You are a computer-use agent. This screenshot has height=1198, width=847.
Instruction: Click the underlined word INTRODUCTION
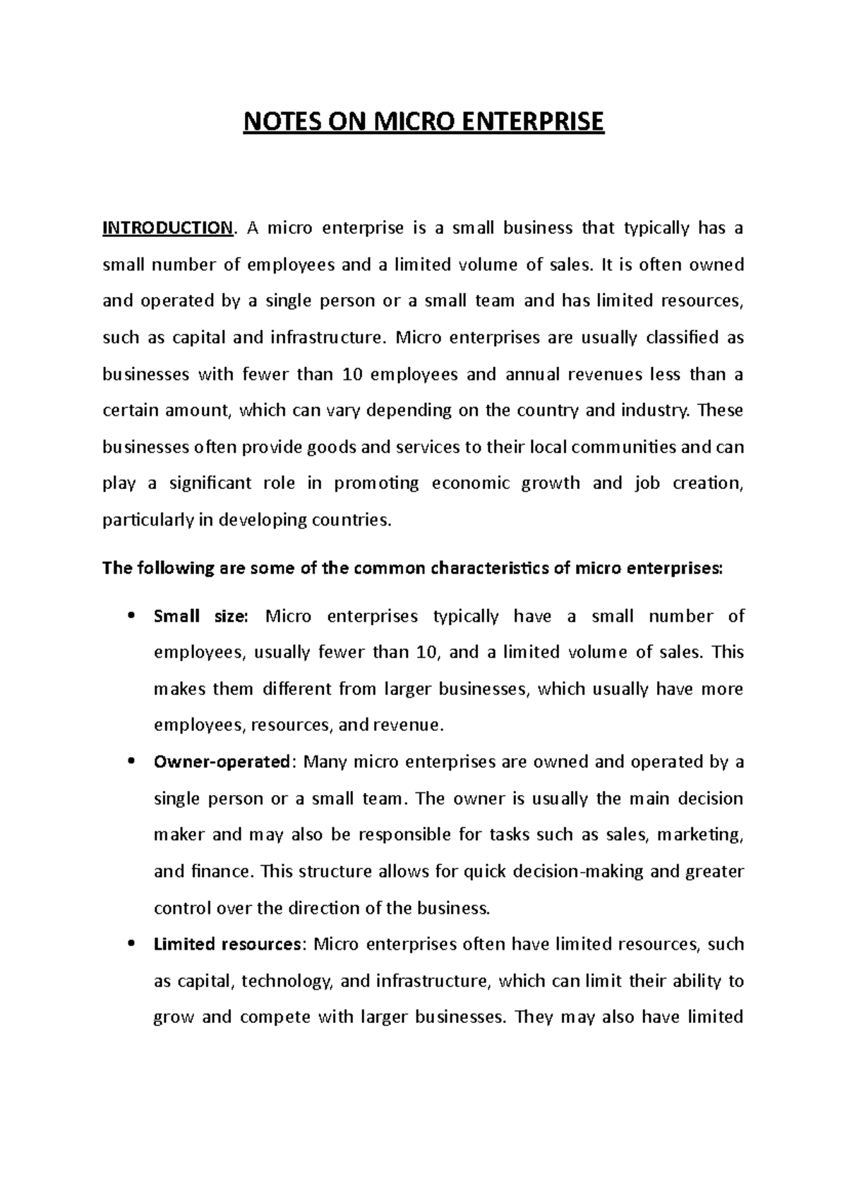click(167, 228)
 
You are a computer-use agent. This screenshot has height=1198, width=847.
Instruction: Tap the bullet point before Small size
click(132, 617)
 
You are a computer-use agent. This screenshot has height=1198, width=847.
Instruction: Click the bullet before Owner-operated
click(132, 763)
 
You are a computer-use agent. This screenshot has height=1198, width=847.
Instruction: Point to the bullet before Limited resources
click(132, 945)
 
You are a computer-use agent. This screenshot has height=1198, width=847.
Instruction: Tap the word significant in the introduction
click(210, 483)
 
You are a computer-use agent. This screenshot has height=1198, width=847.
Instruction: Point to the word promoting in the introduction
click(376, 483)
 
